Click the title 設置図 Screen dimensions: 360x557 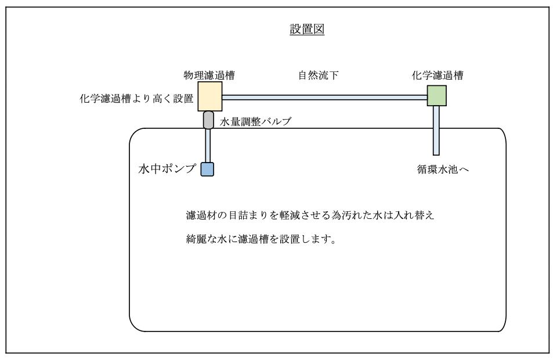coord(307,30)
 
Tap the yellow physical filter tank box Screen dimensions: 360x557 coord(210,96)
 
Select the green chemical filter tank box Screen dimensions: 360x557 coord(436,95)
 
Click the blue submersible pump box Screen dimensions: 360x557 coord(207,169)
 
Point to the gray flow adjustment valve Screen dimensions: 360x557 coord(208,120)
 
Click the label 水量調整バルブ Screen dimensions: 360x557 coord(255,121)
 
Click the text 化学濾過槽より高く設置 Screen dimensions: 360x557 coord(136,99)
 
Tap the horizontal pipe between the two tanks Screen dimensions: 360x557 coord(325,98)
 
